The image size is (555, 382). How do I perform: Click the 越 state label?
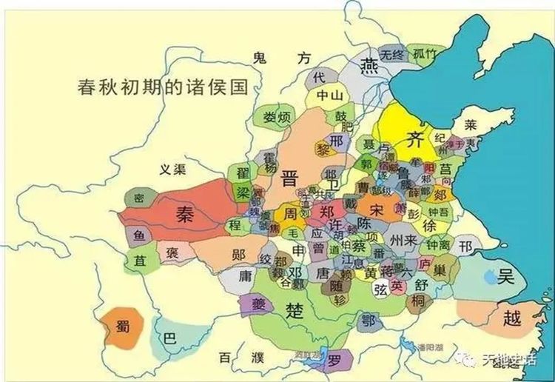tap(511, 318)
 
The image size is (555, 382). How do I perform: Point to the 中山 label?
tap(329, 95)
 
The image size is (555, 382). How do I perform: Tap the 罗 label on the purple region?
tap(334, 362)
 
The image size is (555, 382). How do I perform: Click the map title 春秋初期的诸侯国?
tap(161, 86)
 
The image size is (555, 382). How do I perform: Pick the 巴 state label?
tap(170, 338)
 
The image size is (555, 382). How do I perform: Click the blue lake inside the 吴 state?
tap(490, 278)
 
